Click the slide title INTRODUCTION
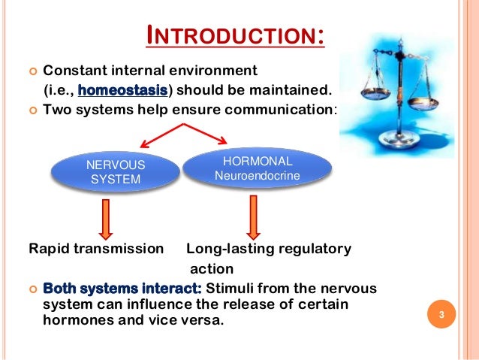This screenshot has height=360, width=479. click(233, 36)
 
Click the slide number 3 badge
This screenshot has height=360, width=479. click(442, 315)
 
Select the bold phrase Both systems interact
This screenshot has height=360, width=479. click(122, 289)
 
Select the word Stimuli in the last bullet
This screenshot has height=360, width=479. click(229, 289)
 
